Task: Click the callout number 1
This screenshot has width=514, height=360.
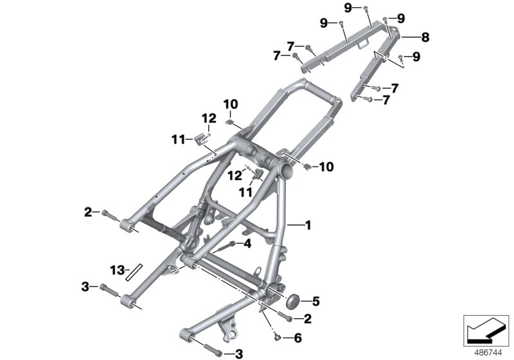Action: (x=308, y=225)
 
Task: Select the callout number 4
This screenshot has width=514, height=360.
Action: (x=247, y=244)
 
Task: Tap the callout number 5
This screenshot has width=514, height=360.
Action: (x=315, y=301)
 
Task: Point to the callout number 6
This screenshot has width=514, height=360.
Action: (x=297, y=337)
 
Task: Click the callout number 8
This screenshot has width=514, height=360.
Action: (x=425, y=37)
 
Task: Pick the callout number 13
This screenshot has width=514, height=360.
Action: (x=118, y=271)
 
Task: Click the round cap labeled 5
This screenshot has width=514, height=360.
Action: (x=293, y=301)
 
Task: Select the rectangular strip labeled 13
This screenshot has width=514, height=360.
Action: (x=134, y=273)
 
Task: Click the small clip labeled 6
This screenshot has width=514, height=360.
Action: (x=277, y=336)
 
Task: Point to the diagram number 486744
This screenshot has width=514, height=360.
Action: (x=488, y=353)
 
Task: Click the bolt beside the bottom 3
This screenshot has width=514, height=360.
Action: (x=213, y=350)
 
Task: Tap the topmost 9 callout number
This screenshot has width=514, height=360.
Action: (x=348, y=7)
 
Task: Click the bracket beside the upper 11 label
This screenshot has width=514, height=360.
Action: (x=200, y=139)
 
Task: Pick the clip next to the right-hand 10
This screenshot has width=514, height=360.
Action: (x=307, y=166)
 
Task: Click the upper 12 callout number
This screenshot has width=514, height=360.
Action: (x=209, y=118)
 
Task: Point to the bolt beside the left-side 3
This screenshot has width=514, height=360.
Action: (x=109, y=289)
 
